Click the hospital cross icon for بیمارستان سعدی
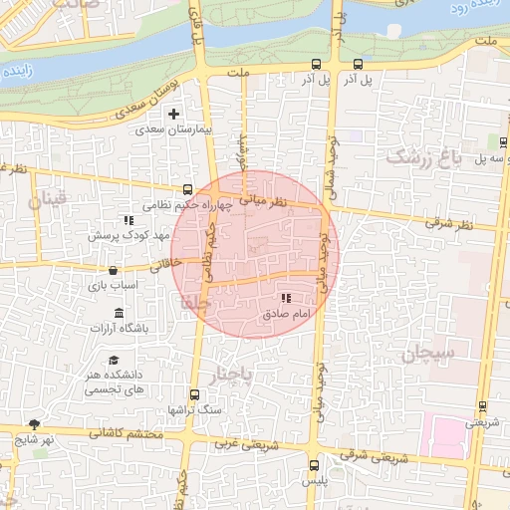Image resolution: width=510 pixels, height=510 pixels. [175, 115]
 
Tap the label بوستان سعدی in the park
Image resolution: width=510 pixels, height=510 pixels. [152, 101]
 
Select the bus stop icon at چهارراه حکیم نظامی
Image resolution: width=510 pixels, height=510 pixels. [188, 189]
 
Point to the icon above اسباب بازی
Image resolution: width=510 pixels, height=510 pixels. [113, 270]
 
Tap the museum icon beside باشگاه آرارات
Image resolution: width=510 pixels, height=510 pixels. [120, 313]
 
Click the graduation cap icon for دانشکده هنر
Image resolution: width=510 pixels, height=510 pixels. [114, 360]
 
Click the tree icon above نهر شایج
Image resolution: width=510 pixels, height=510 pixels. [35, 423]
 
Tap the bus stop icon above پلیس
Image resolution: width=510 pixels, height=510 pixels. [315, 465]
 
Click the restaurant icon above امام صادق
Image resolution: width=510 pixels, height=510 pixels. [286, 297]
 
